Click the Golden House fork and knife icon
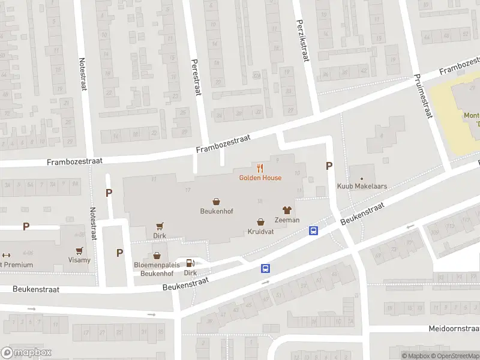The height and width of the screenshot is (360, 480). [x=260, y=168]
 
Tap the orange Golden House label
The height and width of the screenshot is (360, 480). [x=260, y=178]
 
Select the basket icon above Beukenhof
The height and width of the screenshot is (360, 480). [x=216, y=202]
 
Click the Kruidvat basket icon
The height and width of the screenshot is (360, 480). [x=260, y=221]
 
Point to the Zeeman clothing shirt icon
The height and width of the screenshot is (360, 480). [x=287, y=210]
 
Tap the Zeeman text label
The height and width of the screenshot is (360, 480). [x=287, y=220]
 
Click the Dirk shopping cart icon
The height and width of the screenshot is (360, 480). [x=160, y=226]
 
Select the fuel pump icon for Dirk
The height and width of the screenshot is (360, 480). [x=190, y=262]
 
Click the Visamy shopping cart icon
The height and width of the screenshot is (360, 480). [x=79, y=251]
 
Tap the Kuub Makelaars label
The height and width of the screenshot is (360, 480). [x=362, y=187]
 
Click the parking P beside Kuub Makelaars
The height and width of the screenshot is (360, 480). [x=329, y=166]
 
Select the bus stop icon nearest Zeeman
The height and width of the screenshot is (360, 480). [x=313, y=230]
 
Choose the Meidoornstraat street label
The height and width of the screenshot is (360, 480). [x=454, y=329]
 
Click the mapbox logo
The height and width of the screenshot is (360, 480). [x=26, y=353]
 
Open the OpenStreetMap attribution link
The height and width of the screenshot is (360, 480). [x=454, y=356]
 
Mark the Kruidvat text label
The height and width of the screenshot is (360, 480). [x=260, y=232]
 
